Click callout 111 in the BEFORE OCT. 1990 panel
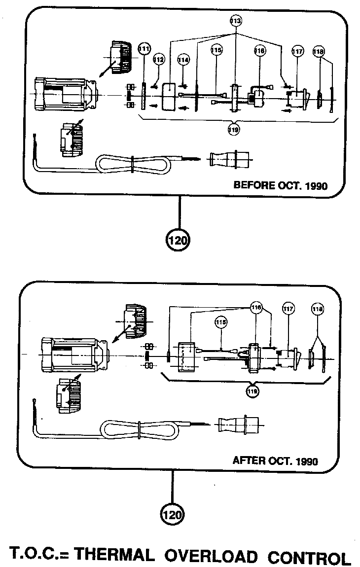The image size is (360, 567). coord(144,49)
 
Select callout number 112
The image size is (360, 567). coord(158,59)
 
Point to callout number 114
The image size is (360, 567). coord(183,59)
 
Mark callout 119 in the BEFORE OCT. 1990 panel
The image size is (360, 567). coord(234,129)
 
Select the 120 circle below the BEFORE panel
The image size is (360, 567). coord(179,241)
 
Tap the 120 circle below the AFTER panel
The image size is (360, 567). coord(172,515)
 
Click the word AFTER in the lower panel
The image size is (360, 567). coord(249,461)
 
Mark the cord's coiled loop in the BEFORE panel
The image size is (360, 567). coord(133,164)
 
